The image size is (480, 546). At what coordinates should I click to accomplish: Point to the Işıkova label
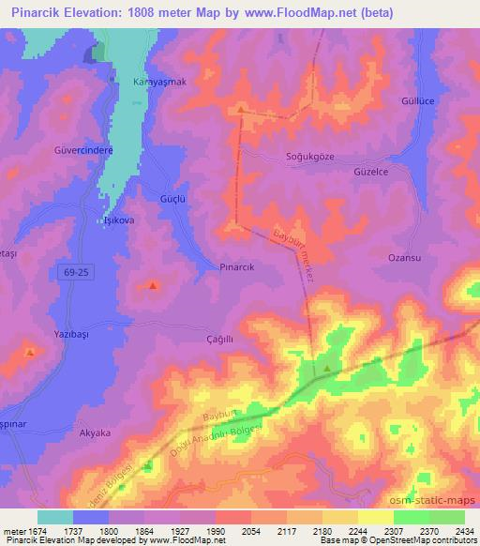pos(118,221)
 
